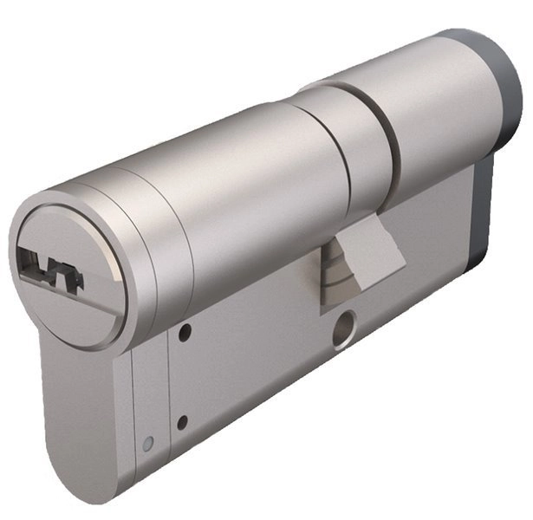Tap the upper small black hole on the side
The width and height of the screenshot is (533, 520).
[x=184, y=329]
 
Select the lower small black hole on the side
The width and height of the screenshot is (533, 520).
[x=182, y=422]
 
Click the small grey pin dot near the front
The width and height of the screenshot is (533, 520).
[x=148, y=445]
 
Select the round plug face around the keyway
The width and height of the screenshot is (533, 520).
[x=69, y=260]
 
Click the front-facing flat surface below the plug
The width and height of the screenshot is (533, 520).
[x=82, y=407]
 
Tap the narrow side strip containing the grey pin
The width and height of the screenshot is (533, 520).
[x=147, y=407]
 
